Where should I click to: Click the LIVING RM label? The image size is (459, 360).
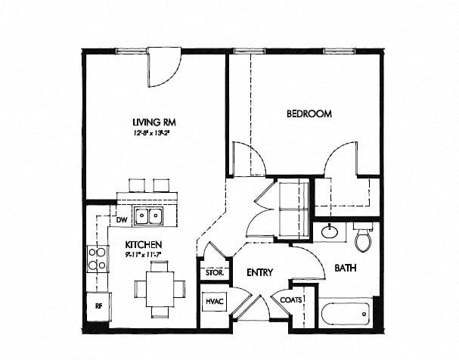[148, 122]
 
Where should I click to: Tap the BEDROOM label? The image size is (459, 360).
[309, 114]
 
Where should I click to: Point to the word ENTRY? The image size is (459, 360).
[259, 272]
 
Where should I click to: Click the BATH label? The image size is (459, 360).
[346, 268]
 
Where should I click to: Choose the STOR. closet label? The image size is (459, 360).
[212, 272]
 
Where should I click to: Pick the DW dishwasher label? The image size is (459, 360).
[121, 220]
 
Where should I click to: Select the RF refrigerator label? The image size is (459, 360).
[98, 306]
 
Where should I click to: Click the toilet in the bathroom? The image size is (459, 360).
[363, 237]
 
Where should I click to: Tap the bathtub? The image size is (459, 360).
[345, 313]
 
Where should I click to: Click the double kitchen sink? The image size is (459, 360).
[148, 216]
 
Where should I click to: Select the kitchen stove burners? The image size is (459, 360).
[97, 259]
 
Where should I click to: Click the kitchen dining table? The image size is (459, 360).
[159, 289]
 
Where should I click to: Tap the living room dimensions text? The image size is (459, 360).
[148, 133]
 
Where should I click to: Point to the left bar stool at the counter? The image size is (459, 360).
[136, 185]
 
